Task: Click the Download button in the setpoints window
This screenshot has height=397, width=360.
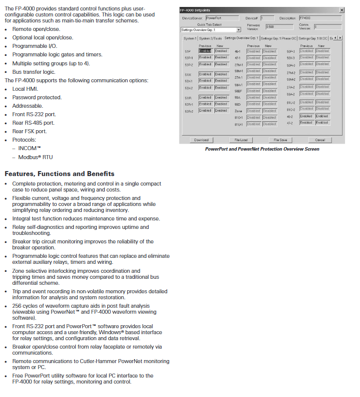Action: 201,140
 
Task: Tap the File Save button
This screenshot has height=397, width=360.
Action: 280,140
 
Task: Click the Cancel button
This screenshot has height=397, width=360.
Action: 320,140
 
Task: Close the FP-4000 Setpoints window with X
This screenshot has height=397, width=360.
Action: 342,10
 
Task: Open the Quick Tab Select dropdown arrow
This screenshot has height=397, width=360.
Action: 238,30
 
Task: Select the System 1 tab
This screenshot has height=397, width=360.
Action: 189,38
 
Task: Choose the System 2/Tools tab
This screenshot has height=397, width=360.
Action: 210,38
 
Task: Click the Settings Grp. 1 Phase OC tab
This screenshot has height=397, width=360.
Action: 278,38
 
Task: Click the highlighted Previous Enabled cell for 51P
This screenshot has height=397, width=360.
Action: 205,51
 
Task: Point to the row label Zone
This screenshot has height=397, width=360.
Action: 238,111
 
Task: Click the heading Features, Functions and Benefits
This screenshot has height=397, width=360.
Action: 59,174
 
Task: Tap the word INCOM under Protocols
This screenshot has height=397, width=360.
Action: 29,149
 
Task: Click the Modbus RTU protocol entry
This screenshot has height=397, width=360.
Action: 35,157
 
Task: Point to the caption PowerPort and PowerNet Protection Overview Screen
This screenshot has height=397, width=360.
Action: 262,149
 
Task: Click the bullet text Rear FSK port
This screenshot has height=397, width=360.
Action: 36,132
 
